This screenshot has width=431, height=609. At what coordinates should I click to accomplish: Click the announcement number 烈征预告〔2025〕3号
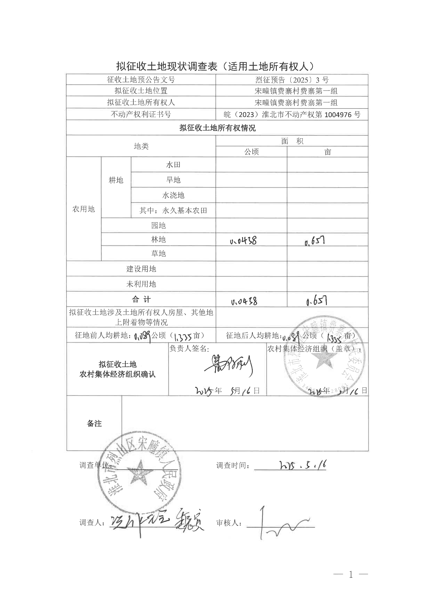(x=292, y=80)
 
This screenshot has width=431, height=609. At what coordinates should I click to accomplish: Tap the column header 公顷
(x=251, y=152)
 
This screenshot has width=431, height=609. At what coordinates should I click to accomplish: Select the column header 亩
(x=328, y=152)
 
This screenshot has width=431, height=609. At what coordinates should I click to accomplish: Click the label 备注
(x=94, y=424)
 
